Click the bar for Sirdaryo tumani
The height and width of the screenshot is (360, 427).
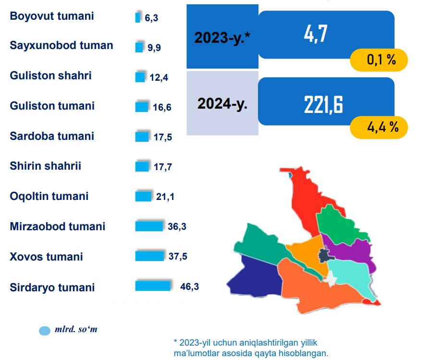coord(153,286)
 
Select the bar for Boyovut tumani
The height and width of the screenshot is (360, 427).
coord(138,18)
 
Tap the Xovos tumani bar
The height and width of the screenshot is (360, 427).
coord(149,256)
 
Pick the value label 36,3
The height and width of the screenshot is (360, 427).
coord(177,226)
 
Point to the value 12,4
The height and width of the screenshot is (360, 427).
coord(159,77)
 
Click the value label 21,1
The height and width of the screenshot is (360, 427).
coord(165,196)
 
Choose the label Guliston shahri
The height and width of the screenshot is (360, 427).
coord(50,75)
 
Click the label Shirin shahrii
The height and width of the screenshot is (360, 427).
coord(46,166)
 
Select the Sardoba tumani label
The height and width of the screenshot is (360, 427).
coord(52,136)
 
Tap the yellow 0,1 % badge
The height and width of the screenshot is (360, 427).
coord(379,60)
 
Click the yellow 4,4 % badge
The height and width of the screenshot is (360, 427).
coord(379,127)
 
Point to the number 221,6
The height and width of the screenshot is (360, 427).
coord(323,105)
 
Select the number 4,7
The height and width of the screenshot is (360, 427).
coord(316,34)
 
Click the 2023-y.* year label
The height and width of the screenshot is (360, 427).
coord(222,37)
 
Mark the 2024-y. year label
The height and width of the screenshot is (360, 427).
coord(222,103)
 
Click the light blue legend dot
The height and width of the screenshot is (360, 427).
coord(45,331)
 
